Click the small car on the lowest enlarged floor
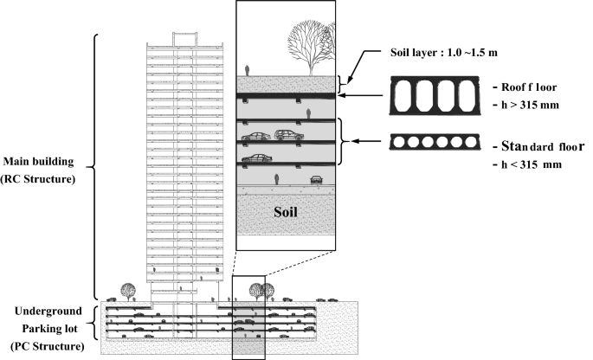click(x=316, y=181)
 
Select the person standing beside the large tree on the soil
click(x=249, y=68)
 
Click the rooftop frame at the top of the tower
click(x=186, y=38)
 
